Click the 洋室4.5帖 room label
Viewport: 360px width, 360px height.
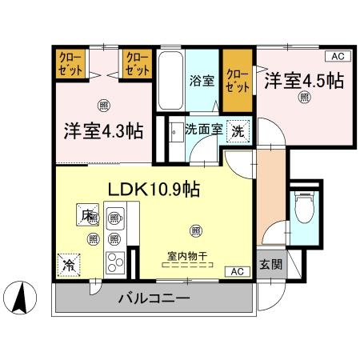point(304,80)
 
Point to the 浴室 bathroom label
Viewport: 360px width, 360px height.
point(202,80)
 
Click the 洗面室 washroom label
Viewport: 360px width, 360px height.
point(204,128)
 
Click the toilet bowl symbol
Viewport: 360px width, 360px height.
point(304,210)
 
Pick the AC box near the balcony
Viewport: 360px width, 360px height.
point(237,271)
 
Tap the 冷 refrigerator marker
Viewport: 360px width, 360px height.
point(69,262)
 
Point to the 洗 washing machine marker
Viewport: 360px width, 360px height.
point(238,130)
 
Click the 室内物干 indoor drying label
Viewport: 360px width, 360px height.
point(187,257)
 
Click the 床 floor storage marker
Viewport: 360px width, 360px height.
point(85,214)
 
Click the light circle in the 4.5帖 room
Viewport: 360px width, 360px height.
point(304,97)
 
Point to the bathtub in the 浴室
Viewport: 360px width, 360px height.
point(170,80)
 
